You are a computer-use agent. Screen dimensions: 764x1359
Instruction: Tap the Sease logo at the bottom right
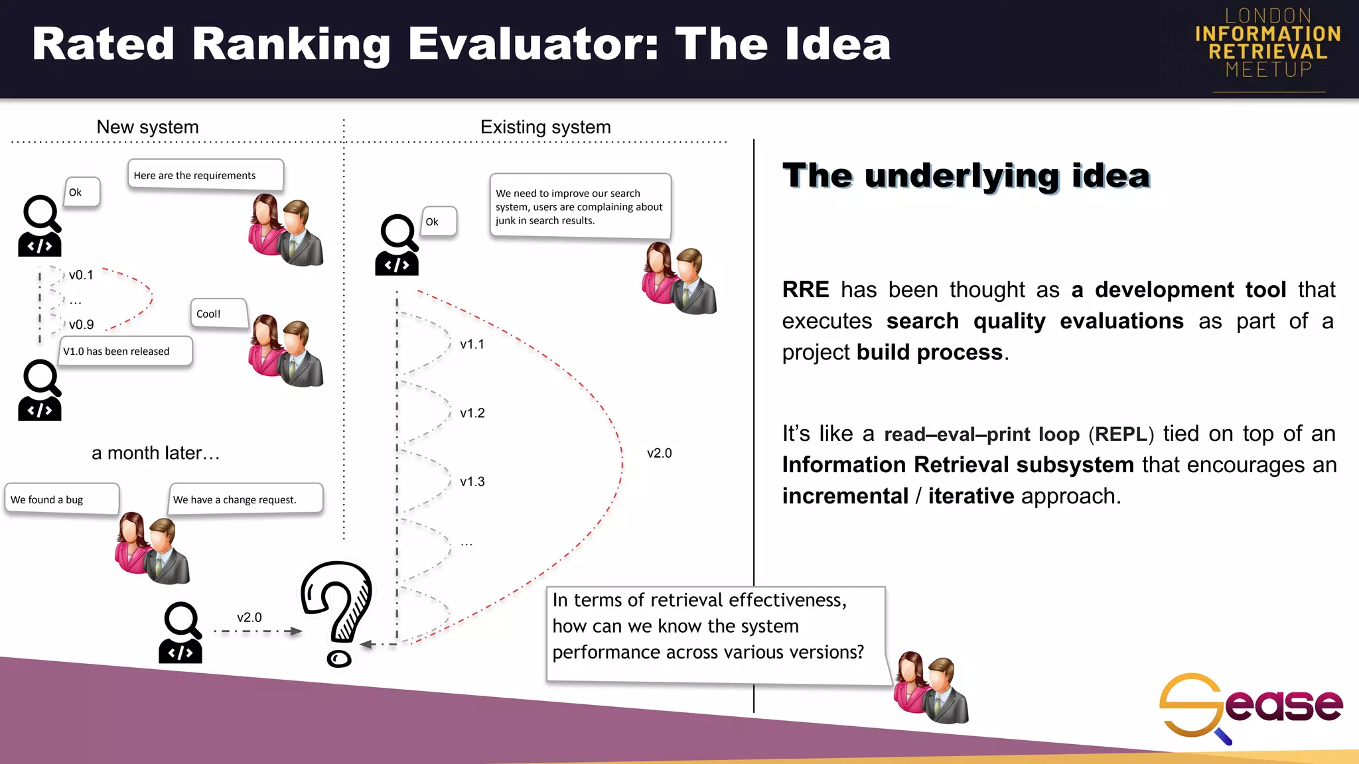(x=1250, y=707)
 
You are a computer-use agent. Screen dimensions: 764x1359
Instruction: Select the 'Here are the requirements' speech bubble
(x=205, y=174)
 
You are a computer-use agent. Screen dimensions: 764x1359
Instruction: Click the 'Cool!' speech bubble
(x=218, y=314)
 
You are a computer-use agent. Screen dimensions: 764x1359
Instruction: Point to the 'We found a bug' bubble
(x=61, y=499)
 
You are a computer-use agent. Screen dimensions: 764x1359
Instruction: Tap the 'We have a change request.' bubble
(x=246, y=499)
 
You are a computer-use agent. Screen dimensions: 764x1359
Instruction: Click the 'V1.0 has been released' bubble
(x=125, y=351)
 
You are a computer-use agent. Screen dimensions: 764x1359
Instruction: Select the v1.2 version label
(x=472, y=413)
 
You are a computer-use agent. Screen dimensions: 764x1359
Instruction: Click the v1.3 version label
(x=472, y=481)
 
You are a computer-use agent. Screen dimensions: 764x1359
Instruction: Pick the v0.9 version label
(x=81, y=324)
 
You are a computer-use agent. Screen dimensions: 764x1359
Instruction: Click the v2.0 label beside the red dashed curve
(x=659, y=453)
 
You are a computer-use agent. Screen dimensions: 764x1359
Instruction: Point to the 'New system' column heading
(x=147, y=127)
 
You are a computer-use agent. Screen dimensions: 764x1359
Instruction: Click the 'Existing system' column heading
(x=545, y=127)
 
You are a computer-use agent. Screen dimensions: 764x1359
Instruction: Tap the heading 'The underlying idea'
(x=966, y=176)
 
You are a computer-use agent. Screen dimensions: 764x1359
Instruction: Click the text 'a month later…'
(x=155, y=453)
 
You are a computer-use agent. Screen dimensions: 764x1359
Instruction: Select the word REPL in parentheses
(x=1121, y=434)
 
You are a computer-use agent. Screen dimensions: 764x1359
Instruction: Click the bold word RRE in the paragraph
(x=805, y=290)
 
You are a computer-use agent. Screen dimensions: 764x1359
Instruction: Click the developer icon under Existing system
(x=397, y=245)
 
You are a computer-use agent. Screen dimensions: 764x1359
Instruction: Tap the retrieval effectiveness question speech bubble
(x=715, y=633)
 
